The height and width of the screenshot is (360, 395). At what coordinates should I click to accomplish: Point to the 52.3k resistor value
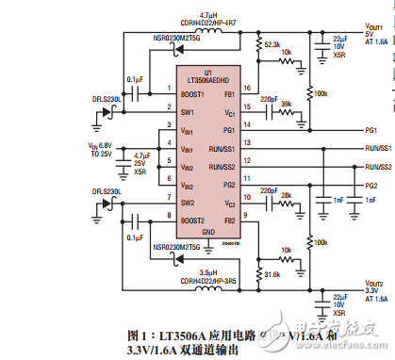pos(273,44)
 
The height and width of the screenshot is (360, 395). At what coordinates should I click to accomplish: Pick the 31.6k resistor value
pos(272,272)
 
